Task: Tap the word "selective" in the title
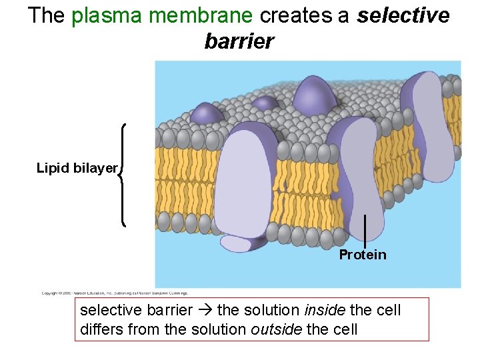click(403, 15)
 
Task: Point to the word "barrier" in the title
click(239, 41)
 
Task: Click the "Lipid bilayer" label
click(77, 168)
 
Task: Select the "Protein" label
click(362, 255)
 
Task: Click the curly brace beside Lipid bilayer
click(123, 175)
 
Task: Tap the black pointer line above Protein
click(365, 231)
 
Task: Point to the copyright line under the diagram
click(115, 293)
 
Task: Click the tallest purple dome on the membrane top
click(315, 93)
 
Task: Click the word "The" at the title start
click(46, 15)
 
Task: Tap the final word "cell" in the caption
click(345, 329)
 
